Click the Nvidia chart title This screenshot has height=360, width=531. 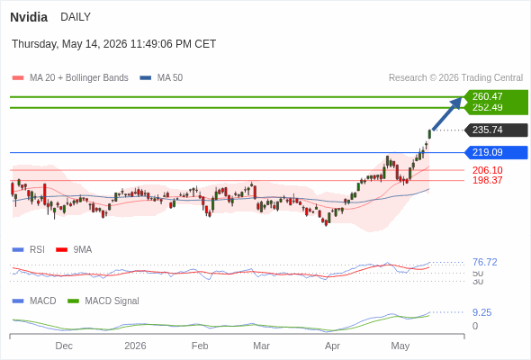pos(29,17)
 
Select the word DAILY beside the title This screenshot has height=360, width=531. pos(76,17)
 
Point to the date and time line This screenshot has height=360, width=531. pos(113,44)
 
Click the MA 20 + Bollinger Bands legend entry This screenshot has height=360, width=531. pos(70,78)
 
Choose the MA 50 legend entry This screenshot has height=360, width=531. pos(161,78)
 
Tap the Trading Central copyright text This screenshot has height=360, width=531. pos(455,78)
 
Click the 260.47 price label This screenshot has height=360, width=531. pos(487,96)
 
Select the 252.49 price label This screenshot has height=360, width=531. pos(487,107)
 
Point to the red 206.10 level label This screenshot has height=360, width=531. pos(487,170)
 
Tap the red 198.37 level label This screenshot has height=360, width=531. pos(487,180)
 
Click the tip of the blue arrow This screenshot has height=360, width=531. pos(463,97)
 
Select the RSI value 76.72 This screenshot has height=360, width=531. pos(484,262)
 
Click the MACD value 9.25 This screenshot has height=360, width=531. pos(481,312)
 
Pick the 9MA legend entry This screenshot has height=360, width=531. pos(74,250)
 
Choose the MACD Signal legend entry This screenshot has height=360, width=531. pos(103,301)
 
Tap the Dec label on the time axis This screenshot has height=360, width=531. pos(64,346)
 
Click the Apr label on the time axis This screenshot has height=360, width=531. pos(332,346)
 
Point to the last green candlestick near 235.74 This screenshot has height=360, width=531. pos(429,134)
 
